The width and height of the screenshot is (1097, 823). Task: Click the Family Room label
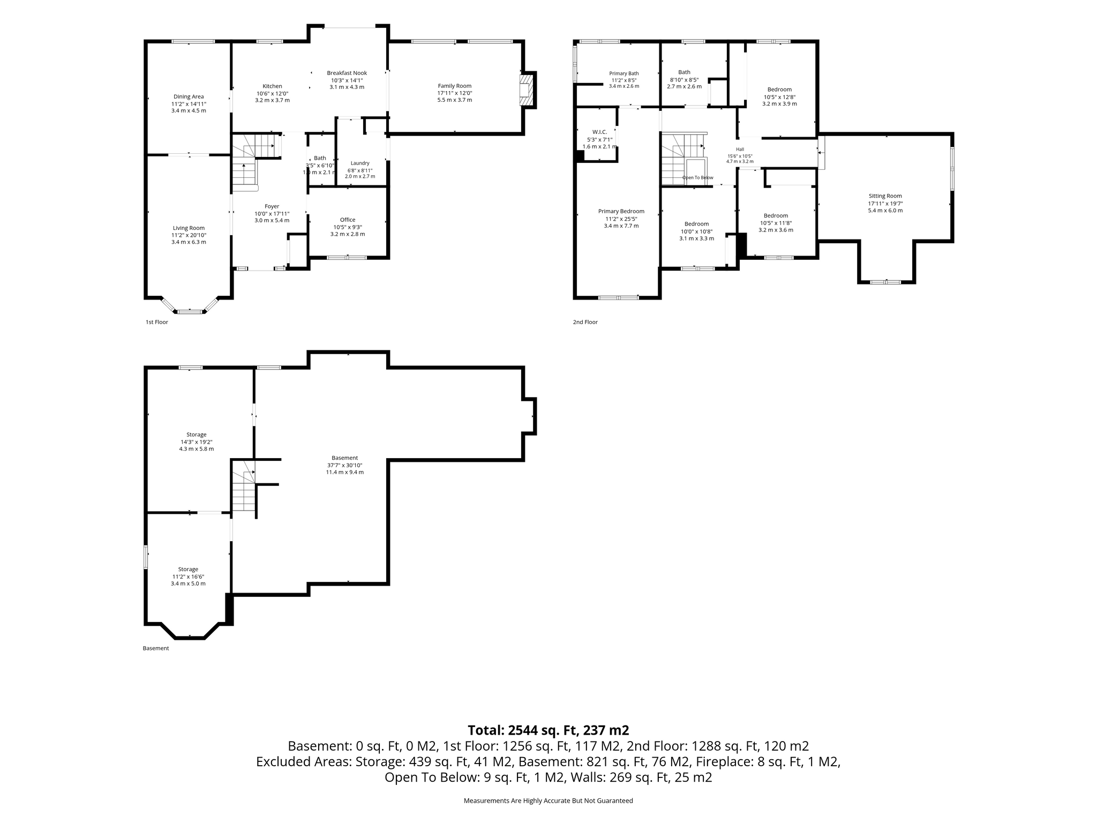(x=454, y=86)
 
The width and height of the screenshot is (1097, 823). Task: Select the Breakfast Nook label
(x=347, y=73)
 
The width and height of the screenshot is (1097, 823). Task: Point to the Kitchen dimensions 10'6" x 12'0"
(x=272, y=93)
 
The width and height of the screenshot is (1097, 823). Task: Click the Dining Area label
(x=189, y=97)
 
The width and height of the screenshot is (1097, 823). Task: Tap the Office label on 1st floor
(x=348, y=220)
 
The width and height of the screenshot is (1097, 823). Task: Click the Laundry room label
(x=360, y=163)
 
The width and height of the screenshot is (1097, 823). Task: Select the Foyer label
(x=272, y=206)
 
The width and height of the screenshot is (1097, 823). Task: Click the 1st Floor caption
(x=157, y=322)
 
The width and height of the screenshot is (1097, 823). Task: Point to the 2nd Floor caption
(x=585, y=322)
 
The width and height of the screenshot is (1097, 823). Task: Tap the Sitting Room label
(x=885, y=196)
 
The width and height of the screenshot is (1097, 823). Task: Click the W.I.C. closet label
(x=599, y=132)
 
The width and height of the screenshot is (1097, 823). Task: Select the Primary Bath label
(x=624, y=73)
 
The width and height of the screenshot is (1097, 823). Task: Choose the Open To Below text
(x=697, y=177)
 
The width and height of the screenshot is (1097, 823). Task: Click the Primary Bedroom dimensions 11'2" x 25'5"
(x=621, y=219)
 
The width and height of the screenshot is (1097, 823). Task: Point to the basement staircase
(x=244, y=485)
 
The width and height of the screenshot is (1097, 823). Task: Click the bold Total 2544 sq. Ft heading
(x=548, y=730)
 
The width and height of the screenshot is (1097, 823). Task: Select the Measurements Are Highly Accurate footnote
(x=548, y=800)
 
